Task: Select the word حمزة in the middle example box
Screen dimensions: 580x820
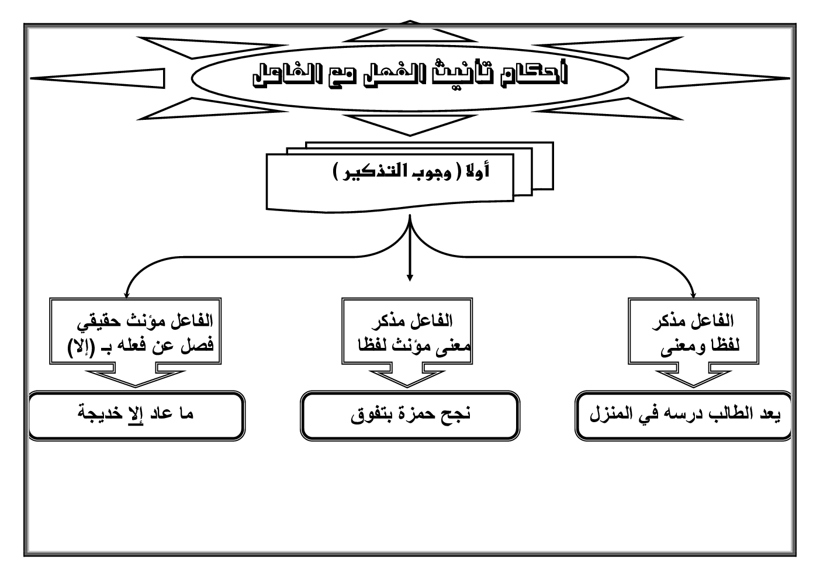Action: (x=415, y=415)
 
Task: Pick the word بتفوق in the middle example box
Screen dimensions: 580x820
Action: (x=371, y=415)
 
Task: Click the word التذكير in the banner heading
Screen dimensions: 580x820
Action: (x=421, y=172)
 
